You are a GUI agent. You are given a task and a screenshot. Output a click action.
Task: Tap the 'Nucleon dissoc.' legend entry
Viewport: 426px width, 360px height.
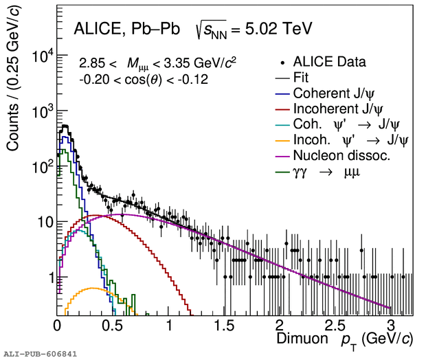coord(341,156)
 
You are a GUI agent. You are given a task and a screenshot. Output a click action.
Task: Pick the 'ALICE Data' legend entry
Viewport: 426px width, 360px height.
coord(329,61)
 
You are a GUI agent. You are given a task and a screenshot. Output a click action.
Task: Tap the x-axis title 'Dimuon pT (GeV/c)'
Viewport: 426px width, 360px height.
coord(344,339)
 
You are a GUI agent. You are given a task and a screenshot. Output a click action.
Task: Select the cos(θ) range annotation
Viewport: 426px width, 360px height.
coord(143,79)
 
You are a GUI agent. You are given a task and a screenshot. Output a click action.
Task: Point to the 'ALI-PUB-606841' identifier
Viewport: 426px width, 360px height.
coord(39,354)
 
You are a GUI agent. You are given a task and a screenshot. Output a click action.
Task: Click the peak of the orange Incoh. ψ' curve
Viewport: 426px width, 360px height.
coord(91,289)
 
